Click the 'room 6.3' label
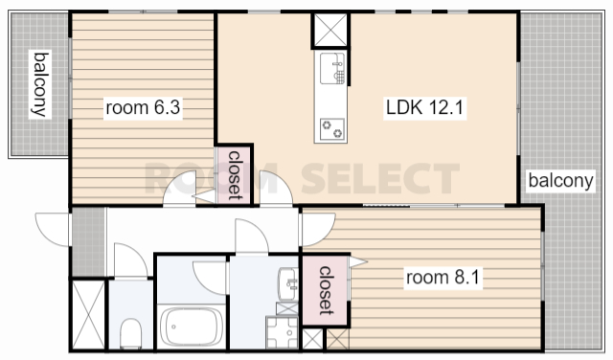[x=143, y=107]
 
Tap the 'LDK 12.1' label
[x=424, y=107]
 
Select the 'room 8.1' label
[x=443, y=277]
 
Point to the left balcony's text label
[x=40, y=84]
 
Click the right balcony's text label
[x=560, y=181]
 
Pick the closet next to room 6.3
[x=234, y=174]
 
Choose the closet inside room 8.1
[x=326, y=290]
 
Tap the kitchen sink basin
[x=332, y=68]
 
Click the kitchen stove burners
[x=332, y=129]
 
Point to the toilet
[x=130, y=333]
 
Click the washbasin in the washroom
[x=287, y=284]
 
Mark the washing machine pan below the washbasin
[x=282, y=332]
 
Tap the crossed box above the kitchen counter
[x=330, y=30]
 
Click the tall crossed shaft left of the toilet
[x=89, y=315]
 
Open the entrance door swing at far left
[x=53, y=230]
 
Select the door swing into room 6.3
[x=180, y=188]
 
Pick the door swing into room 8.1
[x=319, y=230]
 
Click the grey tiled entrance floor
[x=89, y=242]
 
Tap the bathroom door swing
[x=211, y=278]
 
